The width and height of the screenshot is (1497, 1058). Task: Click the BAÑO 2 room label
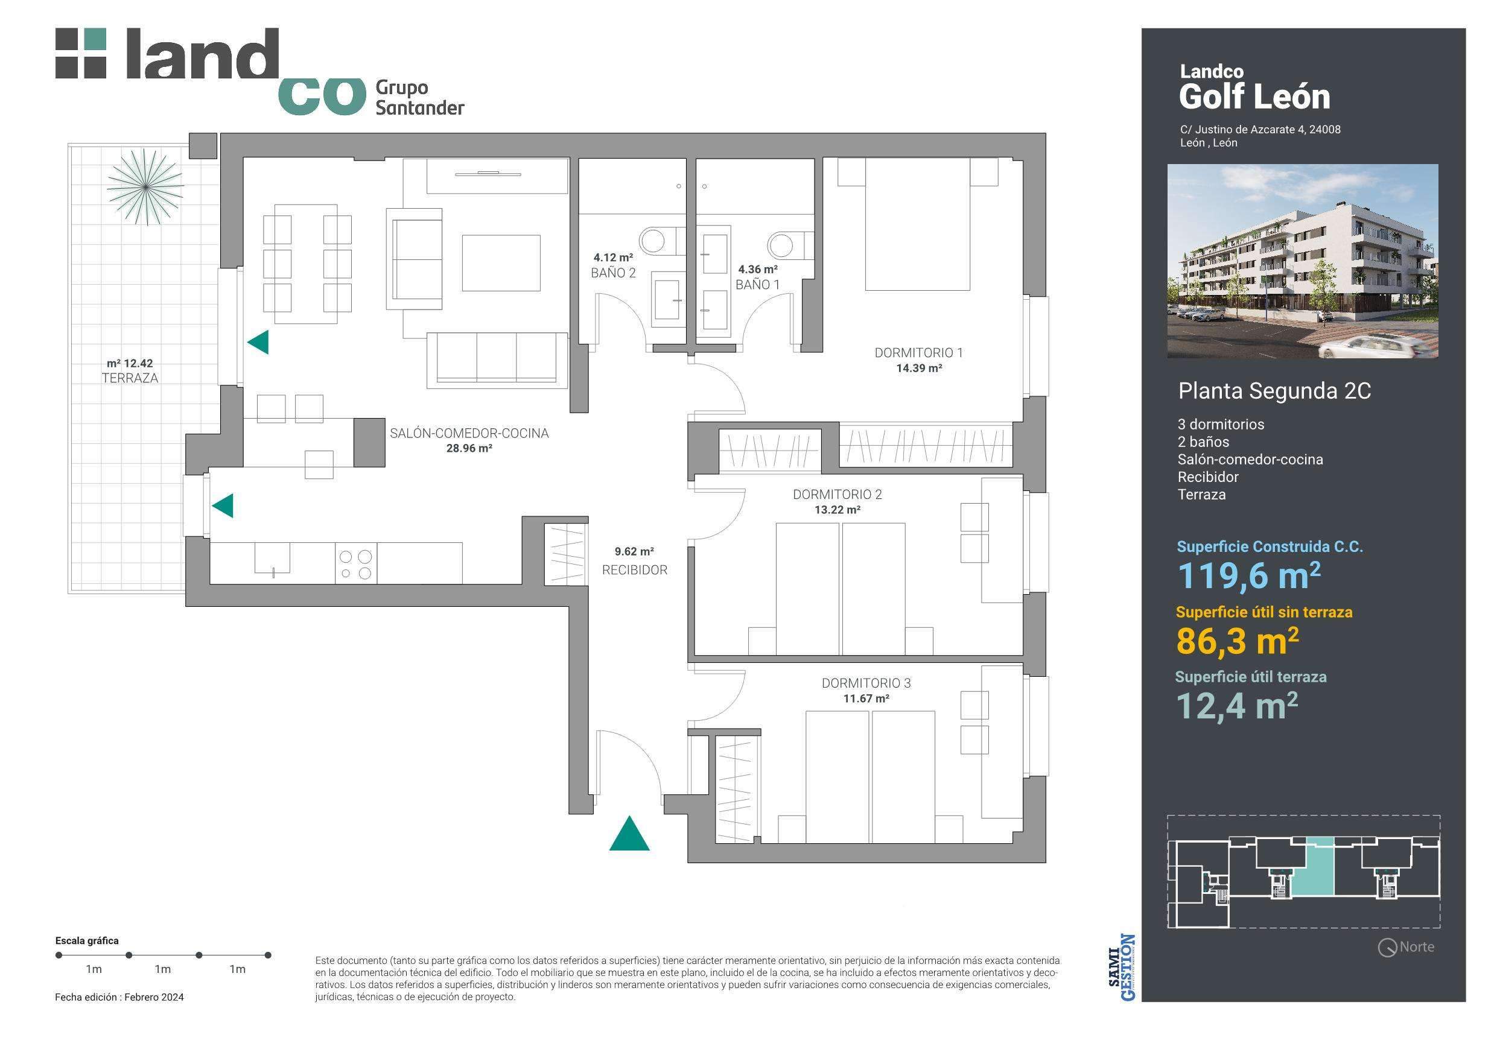(613, 273)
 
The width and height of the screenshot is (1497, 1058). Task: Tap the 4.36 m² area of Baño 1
(758, 269)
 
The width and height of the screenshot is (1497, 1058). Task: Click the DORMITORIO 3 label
(866, 683)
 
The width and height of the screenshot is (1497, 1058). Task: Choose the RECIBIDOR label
(634, 571)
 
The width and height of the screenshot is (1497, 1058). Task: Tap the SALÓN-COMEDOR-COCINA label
(469, 434)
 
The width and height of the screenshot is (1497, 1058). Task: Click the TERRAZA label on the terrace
(130, 378)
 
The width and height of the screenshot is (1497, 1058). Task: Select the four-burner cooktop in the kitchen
(356, 565)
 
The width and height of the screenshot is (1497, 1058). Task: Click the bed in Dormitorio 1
(917, 224)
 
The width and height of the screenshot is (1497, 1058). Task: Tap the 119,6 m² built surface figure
(1248, 575)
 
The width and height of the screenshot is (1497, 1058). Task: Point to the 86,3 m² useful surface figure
(1237, 641)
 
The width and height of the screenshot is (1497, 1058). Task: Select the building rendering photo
(1302, 261)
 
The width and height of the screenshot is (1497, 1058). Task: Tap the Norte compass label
(1416, 947)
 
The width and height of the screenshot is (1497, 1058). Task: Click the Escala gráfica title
(87, 940)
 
